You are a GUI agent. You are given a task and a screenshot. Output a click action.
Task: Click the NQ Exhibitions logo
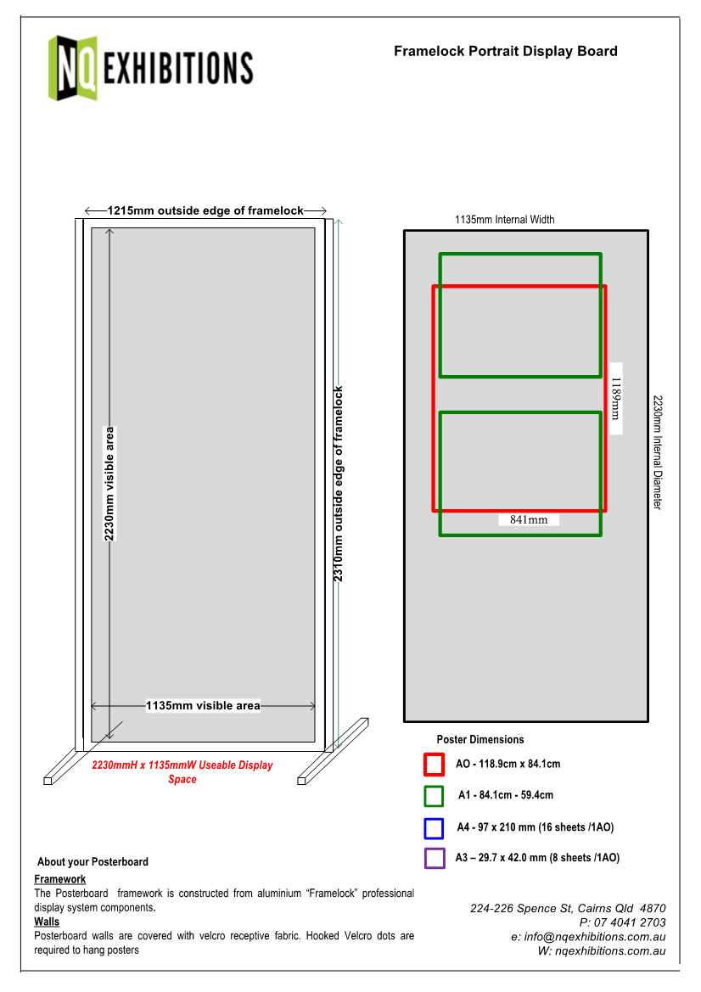tap(150, 67)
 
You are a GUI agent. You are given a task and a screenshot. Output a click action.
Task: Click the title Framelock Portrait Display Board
tap(505, 51)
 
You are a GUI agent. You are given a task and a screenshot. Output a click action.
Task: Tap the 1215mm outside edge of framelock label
tap(205, 210)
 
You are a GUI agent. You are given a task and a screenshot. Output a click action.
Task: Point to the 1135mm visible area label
tap(203, 705)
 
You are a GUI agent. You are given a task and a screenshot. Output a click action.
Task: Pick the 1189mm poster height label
tap(616, 399)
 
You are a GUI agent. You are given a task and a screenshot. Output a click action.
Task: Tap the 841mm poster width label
tap(528, 519)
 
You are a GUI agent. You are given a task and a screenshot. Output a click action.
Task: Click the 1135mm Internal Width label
tap(504, 220)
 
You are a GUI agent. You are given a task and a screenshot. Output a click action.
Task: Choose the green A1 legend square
tap(434, 796)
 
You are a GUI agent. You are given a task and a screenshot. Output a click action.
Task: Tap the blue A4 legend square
tap(434, 827)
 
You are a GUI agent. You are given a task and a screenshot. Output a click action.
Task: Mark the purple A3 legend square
tap(434, 858)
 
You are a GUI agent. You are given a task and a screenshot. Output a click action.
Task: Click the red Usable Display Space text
tap(182, 771)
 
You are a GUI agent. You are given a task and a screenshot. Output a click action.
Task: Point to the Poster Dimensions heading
tap(479, 739)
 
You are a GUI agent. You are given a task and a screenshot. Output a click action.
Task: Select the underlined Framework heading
tap(59, 879)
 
